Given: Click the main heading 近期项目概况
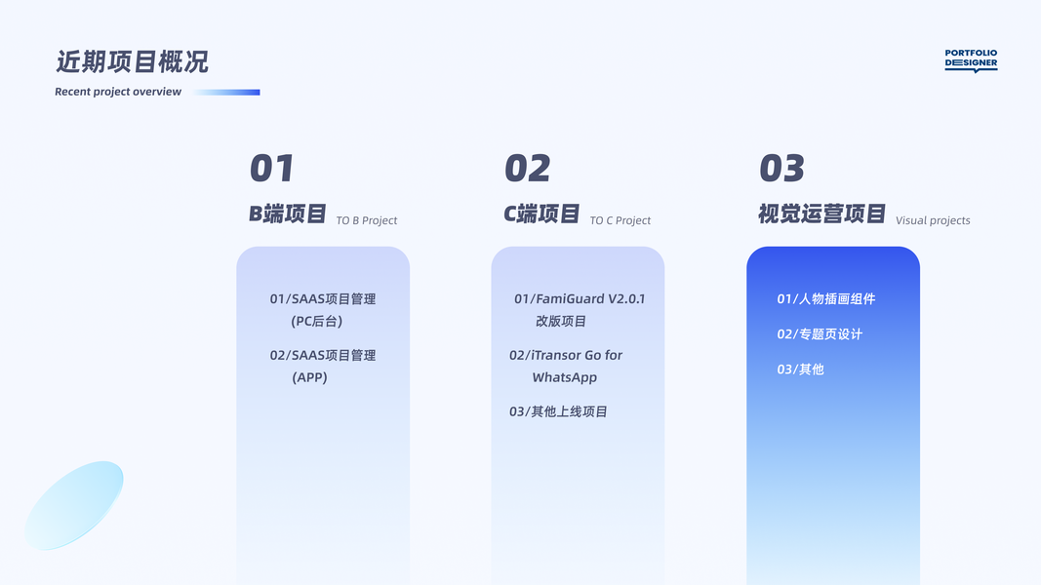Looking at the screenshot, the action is point(132,61).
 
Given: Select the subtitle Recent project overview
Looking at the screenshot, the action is point(118,92).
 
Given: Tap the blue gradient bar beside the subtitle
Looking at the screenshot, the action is point(227,93).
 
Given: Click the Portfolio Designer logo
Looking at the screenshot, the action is point(971,59).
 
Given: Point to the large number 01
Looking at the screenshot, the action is point(271,168).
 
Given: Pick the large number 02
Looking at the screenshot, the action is point(527,168).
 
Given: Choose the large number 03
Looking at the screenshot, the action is point(781,168).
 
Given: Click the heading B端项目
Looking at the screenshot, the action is point(288,214).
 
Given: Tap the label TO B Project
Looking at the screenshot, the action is point(367,220).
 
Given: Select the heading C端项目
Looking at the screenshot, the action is point(541,214).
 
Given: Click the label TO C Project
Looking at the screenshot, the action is point(621,220).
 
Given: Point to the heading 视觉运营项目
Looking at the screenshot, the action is point(821,214).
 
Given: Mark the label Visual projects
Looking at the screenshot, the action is point(933,220).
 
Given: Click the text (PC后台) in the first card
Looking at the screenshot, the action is point(317,321).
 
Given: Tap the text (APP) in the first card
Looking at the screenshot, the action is point(309,377).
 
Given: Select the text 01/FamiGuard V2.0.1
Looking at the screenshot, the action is point(580,298).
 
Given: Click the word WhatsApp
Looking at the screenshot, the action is point(564,377).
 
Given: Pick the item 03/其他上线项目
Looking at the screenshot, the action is point(558,411).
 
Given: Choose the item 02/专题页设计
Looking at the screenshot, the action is point(820,333).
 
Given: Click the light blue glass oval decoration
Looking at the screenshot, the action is point(74,505).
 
